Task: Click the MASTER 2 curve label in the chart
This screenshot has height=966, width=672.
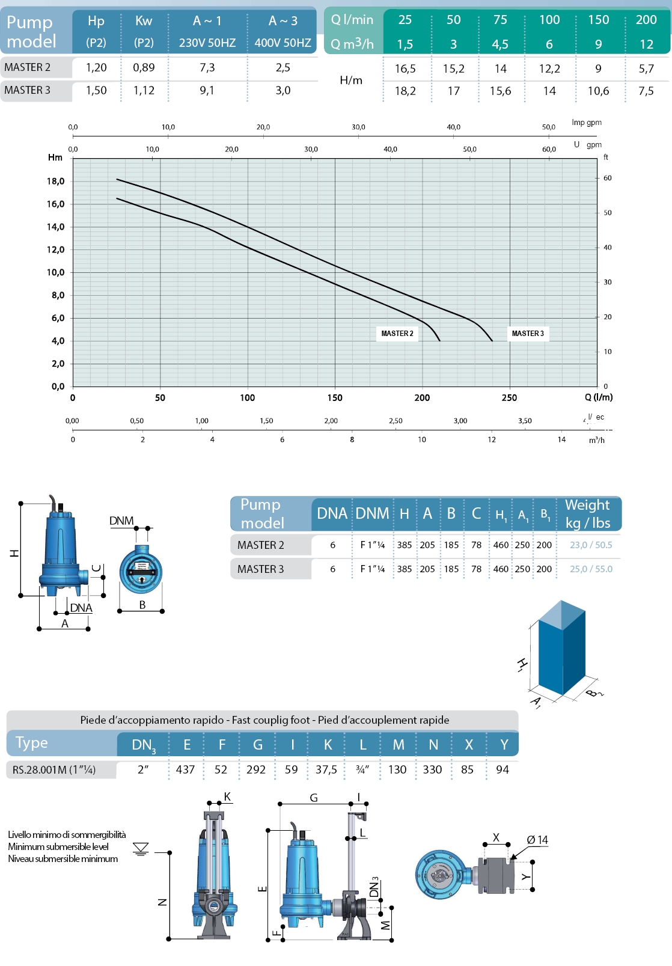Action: pyautogui.click(x=397, y=334)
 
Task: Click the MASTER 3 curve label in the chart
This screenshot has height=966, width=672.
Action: pyautogui.click(x=528, y=334)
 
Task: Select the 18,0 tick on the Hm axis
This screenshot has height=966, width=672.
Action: pyautogui.click(x=56, y=182)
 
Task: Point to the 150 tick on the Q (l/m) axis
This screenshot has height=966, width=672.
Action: pyautogui.click(x=335, y=398)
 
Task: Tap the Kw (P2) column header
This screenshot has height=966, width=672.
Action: pyautogui.click(x=144, y=31)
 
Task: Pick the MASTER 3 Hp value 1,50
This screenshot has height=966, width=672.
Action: pyautogui.click(x=96, y=91)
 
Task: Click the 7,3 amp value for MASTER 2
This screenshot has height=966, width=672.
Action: pyautogui.click(x=207, y=68)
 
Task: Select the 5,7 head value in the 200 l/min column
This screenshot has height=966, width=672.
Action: pyautogui.click(x=646, y=69)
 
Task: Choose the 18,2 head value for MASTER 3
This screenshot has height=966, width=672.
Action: pyautogui.click(x=405, y=91)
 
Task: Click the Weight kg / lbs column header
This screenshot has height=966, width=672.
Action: pyautogui.click(x=587, y=514)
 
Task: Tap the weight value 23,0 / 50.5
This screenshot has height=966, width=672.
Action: pyautogui.click(x=591, y=545)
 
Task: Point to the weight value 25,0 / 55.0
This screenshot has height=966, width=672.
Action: pyautogui.click(x=591, y=569)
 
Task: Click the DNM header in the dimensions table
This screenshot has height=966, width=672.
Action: pyautogui.click(x=372, y=514)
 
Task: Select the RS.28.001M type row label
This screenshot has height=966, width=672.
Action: pyautogui.click(x=54, y=770)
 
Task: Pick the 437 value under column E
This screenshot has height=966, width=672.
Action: pyautogui.click(x=185, y=770)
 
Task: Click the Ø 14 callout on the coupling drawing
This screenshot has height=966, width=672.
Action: pyautogui.click(x=537, y=840)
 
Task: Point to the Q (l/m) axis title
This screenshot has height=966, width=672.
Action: pyautogui.click(x=599, y=397)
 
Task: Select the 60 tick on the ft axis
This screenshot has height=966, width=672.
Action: pyautogui.click(x=608, y=179)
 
